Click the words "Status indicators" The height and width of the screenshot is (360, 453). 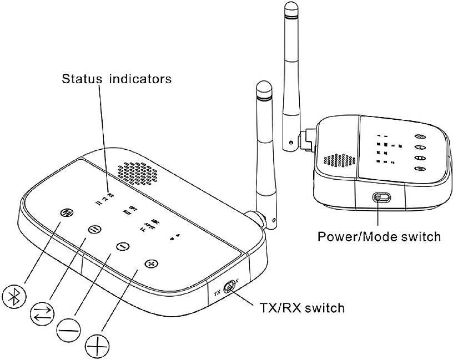117,78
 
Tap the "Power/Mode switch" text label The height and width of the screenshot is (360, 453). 379,236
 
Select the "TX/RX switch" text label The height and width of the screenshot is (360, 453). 302,307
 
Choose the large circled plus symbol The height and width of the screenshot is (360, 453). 97,348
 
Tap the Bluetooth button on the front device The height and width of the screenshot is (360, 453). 67,212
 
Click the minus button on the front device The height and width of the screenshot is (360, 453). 122,246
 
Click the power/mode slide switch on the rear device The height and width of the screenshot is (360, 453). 379,198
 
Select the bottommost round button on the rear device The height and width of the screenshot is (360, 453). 420,169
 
